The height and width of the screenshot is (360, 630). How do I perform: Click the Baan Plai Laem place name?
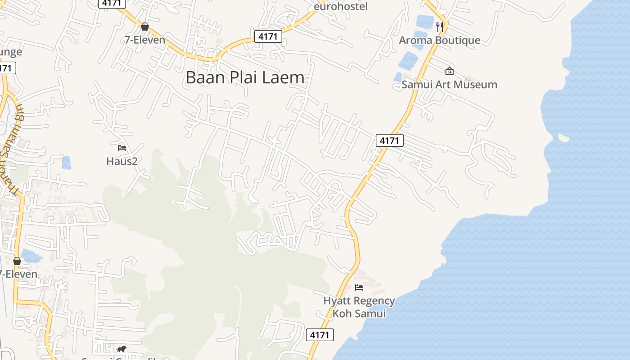[x=245, y=78]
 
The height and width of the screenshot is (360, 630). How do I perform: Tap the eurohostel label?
[x=341, y=6]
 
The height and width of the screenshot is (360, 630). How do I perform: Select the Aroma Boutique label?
[x=440, y=40]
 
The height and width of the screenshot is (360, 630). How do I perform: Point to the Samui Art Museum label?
[x=449, y=85]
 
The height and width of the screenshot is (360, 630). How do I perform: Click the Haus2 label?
[x=122, y=161]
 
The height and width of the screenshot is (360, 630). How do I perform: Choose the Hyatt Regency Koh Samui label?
[x=359, y=307]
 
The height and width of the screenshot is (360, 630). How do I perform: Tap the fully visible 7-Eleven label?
[x=145, y=40]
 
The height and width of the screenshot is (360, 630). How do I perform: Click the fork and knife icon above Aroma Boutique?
[x=440, y=27]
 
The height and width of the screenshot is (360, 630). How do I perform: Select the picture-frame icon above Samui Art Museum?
[x=449, y=71]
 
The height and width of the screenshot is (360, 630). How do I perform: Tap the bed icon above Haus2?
[x=121, y=148]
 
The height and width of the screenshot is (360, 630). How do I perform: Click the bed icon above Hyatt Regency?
[x=359, y=287]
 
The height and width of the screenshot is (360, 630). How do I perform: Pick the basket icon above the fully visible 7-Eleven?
[x=145, y=27]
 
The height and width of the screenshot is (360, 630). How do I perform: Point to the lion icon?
[x=121, y=349]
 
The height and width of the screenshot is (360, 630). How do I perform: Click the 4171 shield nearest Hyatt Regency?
[x=320, y=335]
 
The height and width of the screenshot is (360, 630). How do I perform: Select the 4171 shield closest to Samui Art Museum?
[x=389, y=140]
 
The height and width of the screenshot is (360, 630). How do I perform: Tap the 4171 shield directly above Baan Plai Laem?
[x=268, y=36]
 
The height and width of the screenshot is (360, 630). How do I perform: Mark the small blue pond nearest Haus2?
[x=66, y=162]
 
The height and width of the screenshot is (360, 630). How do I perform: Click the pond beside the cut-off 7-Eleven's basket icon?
[x=31, y=256]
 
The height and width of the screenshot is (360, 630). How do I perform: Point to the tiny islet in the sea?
[x=563, y=137]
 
